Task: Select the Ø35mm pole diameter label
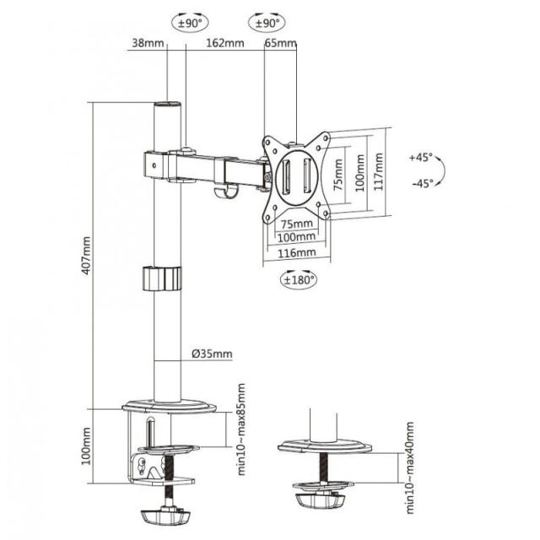point(211,354)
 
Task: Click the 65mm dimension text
point(281,43)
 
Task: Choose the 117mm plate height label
point(381,173)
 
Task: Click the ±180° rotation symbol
point(299,278)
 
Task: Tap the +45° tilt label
point(419,158)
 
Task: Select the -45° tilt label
point(419,182)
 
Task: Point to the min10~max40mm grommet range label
point(409,468)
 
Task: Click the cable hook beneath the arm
point(223,194)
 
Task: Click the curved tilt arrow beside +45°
point(443,170)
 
